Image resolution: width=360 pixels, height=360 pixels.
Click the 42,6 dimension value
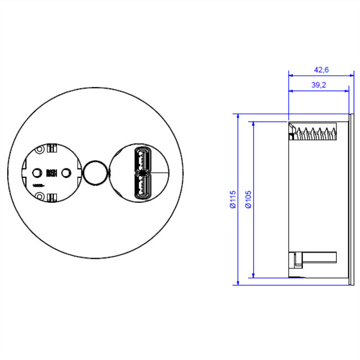coord(322,70)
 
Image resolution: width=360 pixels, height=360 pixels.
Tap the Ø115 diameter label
coord(233,199)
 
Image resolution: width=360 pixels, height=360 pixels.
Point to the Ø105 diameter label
coord(249,199)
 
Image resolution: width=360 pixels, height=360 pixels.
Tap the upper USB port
coord(142,161)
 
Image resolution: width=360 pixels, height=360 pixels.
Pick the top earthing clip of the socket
coord(52,149)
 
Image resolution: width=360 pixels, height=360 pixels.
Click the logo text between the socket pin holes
coord(52,173)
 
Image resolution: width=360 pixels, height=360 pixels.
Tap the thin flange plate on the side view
coord(352,199)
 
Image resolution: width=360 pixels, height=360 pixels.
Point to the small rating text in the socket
coord(38,184)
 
